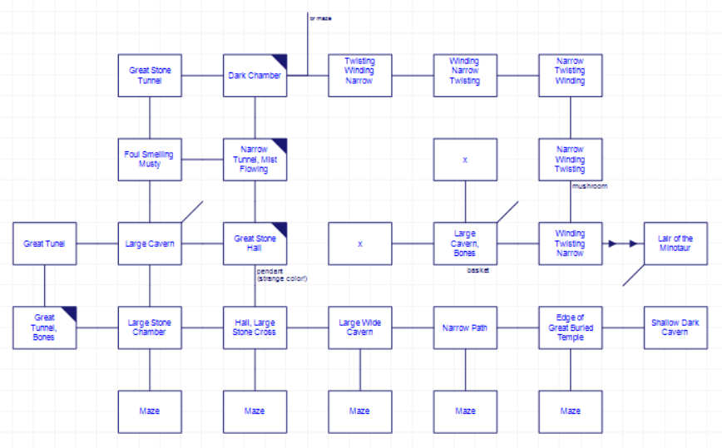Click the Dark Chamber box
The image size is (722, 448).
[255, 76]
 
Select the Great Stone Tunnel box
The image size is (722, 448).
[150, 76]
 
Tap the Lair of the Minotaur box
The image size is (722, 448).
[675, 244]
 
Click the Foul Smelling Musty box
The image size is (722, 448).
[150, 159]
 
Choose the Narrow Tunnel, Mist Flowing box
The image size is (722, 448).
[255, 159]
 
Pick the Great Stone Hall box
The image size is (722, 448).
[255, 244]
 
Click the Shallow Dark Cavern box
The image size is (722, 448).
[675, 327]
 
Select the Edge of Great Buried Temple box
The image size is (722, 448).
[571, 327]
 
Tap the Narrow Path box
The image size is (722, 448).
[465, 327]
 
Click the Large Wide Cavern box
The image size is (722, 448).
[359, 327]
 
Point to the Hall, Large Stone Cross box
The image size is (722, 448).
[255, 327]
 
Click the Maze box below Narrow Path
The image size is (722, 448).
[465, 411]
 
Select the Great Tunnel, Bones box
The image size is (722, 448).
[44, 327]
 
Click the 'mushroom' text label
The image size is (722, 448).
[590, 186]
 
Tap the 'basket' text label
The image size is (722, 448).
[478, 270]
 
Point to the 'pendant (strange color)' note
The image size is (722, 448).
[282, 273]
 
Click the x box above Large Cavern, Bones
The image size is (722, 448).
[465, 159]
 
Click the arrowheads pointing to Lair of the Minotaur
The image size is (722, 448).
[622, 244]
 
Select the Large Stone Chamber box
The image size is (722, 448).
[150, 327]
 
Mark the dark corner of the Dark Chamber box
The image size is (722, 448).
[281, 60]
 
